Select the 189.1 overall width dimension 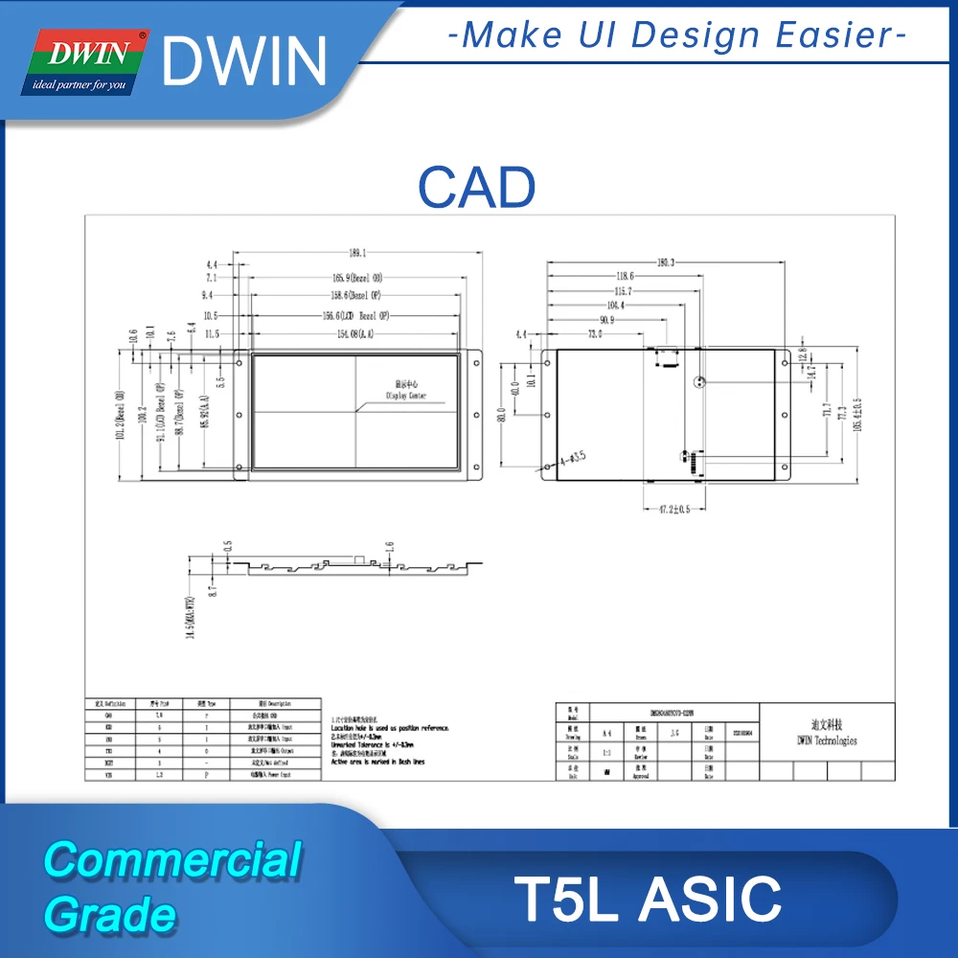pyautogui.click(x=356, y=253)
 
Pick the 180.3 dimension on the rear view pyautogui.click(x=665, y=262)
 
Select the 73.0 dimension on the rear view pyautogui.click(x=596, y=333)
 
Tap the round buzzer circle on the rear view pyautogui.click(x=700, y=380)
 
